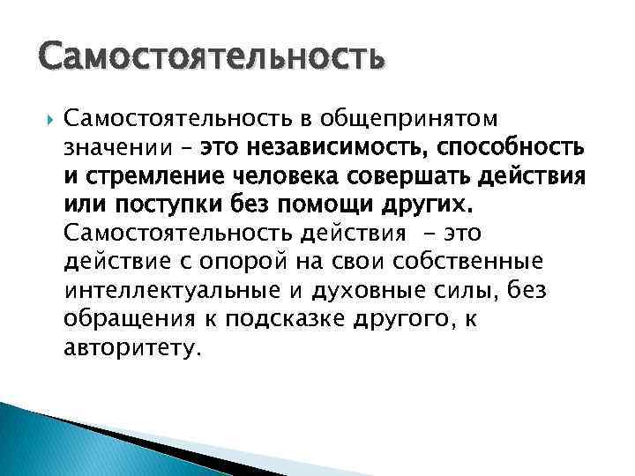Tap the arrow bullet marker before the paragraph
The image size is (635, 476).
[44, 117]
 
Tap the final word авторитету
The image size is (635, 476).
[132, 351]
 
